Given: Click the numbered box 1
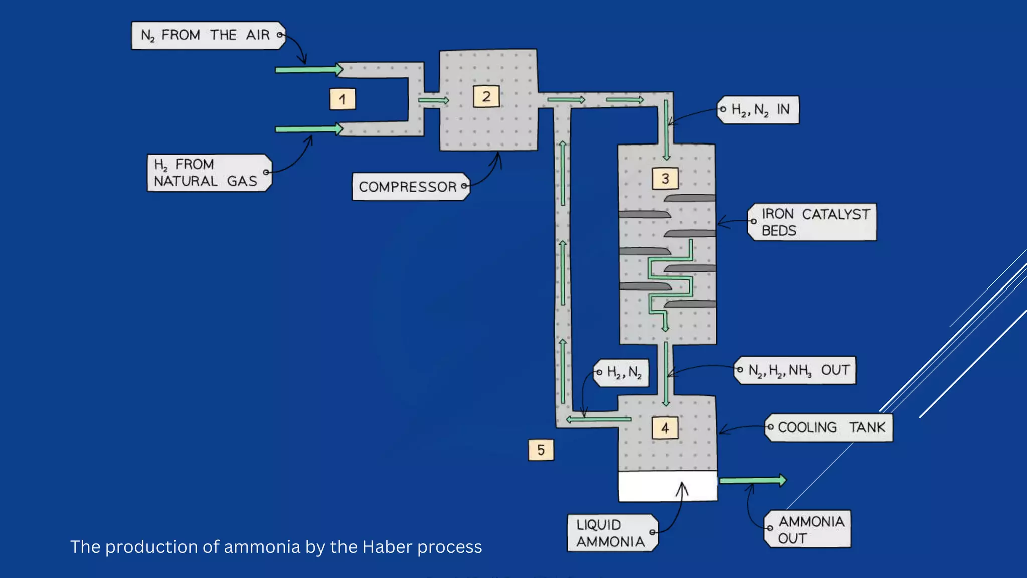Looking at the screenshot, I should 343,99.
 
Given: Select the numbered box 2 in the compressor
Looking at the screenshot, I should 486,96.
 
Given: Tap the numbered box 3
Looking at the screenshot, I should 665,178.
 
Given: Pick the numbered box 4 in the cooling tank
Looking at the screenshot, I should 665,428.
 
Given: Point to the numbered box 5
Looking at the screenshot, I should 541,449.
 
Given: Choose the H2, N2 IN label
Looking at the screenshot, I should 758,110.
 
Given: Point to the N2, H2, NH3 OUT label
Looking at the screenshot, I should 795,370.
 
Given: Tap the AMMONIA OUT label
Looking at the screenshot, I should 808,529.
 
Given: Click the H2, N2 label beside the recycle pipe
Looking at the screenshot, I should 622,372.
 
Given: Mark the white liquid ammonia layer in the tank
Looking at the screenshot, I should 667,486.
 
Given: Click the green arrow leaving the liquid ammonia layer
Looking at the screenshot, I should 752,480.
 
